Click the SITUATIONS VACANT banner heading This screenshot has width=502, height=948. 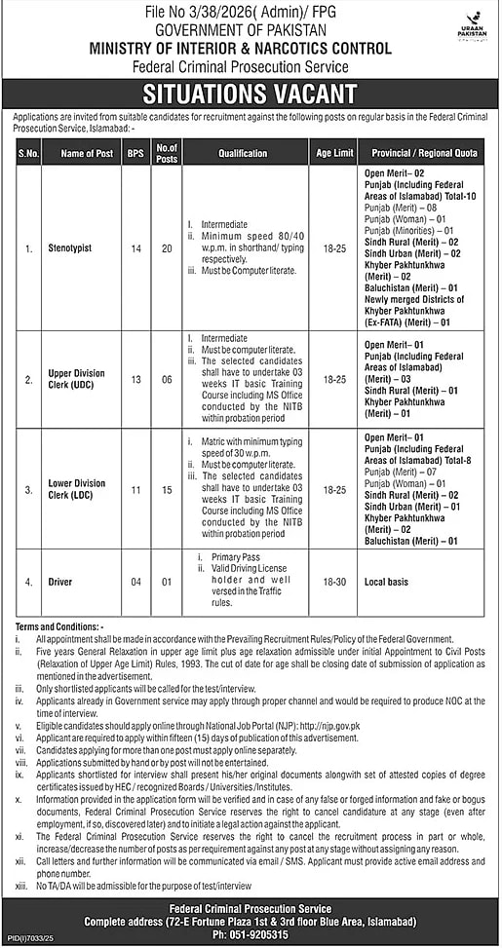pyautogui.click(x=250, y=94)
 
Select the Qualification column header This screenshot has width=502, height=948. pyautogui.click(x=244, y=154)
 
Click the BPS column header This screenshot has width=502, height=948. pyautogui.click(x=134, y=154)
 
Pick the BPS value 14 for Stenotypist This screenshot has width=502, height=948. pyautogui.click(x=134, y=248)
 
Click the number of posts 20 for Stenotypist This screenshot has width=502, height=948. pyautogui.click(x=167, y=248)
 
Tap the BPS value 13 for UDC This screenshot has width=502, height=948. pyautogui.click(x=134, y=377)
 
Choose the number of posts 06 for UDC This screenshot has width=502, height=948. pyautogui.click(x=167, y=377)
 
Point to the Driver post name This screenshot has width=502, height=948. pyautogui.click(x=60, y=582)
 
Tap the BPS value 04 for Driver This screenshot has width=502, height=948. pyautogui.click(x=134, y=582)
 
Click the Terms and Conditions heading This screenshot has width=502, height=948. pyautogui.click(x=61, y=624)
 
